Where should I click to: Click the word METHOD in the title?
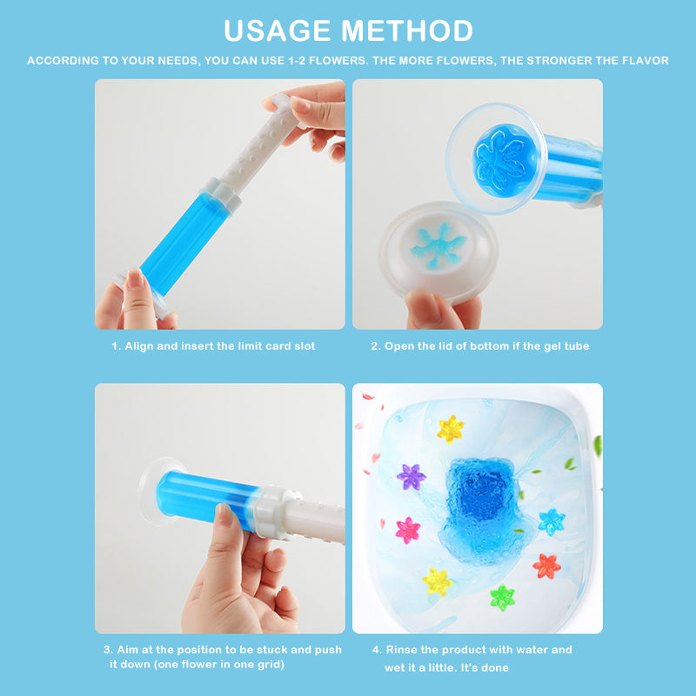[406, 30]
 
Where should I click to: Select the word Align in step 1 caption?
[139, 346]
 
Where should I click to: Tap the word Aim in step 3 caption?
[126, 650]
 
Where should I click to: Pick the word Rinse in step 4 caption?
[401, 650]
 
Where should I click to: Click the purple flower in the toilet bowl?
[411, 477]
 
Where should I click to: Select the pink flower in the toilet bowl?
[407, 530]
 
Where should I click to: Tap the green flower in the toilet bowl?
[503, 598]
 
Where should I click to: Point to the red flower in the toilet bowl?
[546, 566]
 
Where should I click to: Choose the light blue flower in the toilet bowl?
[552, 522]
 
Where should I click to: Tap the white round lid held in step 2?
[438, 251]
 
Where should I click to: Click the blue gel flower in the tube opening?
[505, 160]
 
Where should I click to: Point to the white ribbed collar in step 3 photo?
[271, 512]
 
